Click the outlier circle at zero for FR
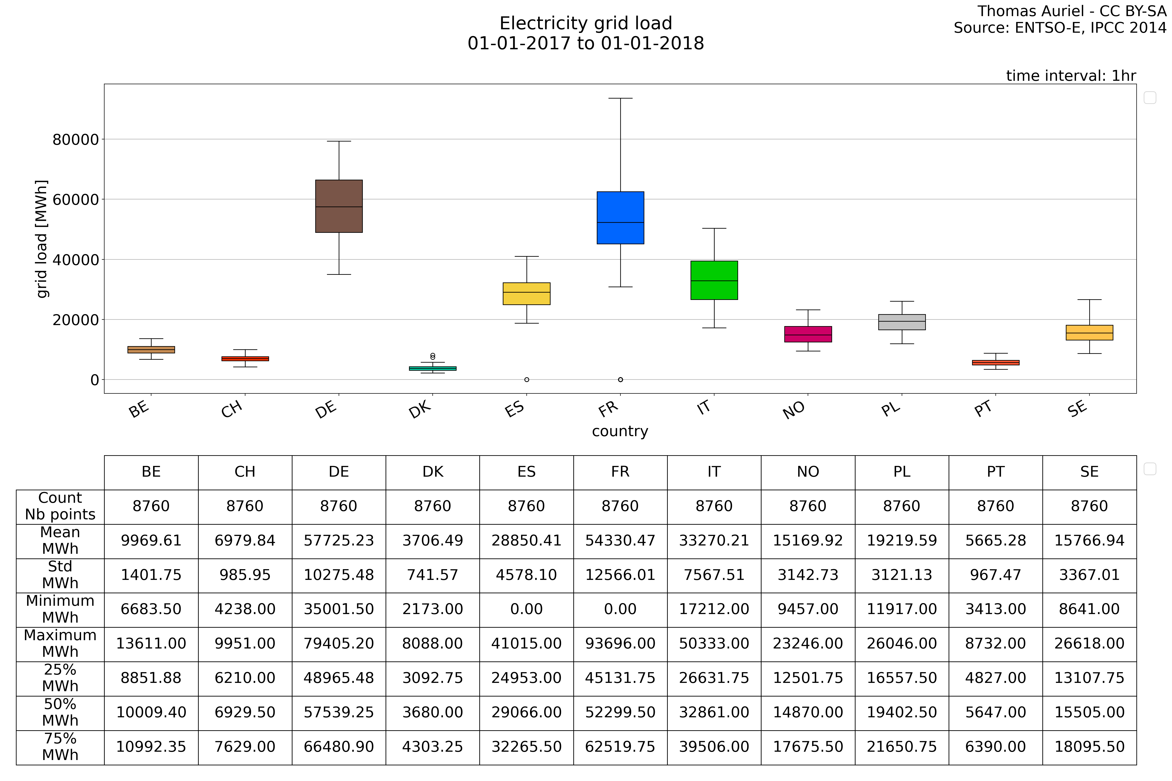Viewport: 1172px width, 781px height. click(620, 380)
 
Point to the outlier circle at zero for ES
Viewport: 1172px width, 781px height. click(527, 380)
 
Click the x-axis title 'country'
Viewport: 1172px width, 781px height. click(620, 431)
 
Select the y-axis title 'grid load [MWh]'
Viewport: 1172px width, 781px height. click(42, 239)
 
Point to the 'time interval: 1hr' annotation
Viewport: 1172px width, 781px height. click(1071, 76)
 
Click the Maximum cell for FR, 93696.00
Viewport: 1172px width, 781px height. click(620, 644)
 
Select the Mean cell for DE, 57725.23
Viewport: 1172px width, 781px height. click(339, 540)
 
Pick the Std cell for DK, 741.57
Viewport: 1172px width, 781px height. click(432, 575)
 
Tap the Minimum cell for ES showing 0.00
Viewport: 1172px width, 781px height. click(527, 609)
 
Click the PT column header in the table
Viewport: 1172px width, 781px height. click(996, 472)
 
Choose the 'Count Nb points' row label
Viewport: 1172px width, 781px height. click(60, 506)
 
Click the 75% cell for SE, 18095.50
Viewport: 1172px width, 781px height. click(1089, 747)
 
